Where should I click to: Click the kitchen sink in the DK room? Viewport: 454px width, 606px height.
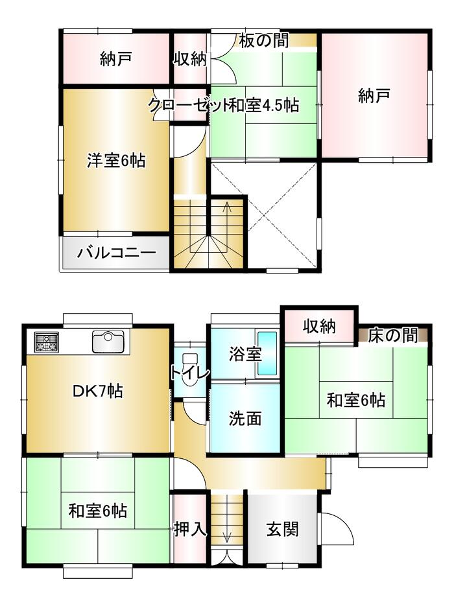[x=108, y=342]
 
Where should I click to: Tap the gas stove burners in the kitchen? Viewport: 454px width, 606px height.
[x=47, y=342]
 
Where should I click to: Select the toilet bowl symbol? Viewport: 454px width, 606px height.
[x=189, y=369]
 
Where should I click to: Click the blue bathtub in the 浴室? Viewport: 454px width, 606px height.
[x=268, y=354]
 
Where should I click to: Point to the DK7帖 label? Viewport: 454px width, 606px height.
[x=98, y=391]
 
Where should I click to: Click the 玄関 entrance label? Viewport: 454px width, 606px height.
[x=283, y=529]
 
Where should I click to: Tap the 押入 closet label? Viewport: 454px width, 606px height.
[x=190, y=529]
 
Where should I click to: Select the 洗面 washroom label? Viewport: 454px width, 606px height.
[x=245, y=418]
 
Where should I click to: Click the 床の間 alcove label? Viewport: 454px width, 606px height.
[x=392, y=335]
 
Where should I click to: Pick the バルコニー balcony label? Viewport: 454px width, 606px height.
[x=116, y=253]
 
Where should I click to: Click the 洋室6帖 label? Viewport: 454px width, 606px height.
[x=116, y=160]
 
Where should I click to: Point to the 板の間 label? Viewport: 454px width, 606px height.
[x=264, y=40]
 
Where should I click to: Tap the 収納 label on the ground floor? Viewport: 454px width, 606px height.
[x=319, y=327]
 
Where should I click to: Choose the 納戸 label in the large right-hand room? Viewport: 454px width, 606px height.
[x=374, y=95]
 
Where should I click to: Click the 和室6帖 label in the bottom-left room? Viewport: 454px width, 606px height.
[x=97, y=511]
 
